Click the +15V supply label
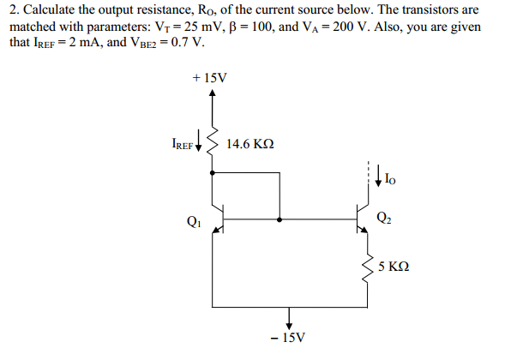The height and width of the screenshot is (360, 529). coord(211,78)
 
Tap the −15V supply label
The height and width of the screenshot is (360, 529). coord(288,339)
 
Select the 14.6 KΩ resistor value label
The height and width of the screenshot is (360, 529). coord(250,144)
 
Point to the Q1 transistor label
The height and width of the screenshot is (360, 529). coord(193,220)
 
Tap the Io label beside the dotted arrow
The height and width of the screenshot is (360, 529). coord(391,179)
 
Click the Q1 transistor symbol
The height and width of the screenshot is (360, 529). coord(217,219)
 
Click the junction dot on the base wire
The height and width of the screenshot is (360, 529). coord(280,219)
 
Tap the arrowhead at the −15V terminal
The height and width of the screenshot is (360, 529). coord(289,323)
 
